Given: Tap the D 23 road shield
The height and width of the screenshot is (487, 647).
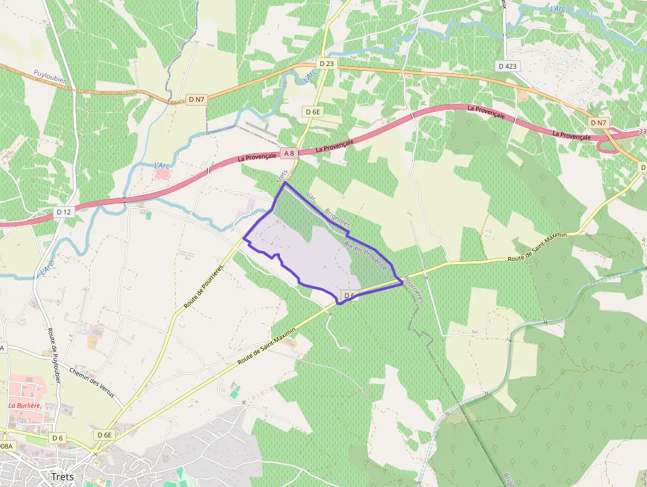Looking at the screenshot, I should click(x=326, y=63).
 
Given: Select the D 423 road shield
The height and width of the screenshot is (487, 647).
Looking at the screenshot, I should click(x=508, y=65).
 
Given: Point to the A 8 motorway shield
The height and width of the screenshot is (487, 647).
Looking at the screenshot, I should click(x=289, y=153).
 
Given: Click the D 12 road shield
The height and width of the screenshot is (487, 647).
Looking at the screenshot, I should click(x=63, y=212).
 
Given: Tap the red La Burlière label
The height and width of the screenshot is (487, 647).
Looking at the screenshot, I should click(x=24, y=405).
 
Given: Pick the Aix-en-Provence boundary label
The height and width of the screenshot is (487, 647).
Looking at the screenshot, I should click(x=365, y=254).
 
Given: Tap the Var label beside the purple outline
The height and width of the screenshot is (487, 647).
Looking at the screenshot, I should click(x=311, y=197).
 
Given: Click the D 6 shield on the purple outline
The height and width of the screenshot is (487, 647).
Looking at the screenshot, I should click(x=350, y=295).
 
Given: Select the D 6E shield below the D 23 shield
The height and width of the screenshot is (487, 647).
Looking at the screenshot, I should click(x=313, y=112).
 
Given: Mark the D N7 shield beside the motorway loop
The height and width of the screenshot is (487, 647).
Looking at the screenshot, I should click(x=598, y=123).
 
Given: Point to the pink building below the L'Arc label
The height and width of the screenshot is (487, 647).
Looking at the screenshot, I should click(x=161, y=173).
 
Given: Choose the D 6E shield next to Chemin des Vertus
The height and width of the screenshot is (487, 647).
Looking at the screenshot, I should click(x=104, y=435).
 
